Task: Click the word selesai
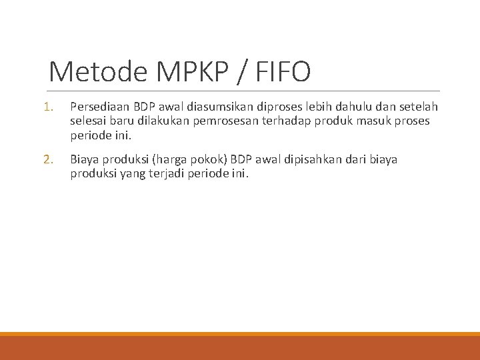point(88,121)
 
